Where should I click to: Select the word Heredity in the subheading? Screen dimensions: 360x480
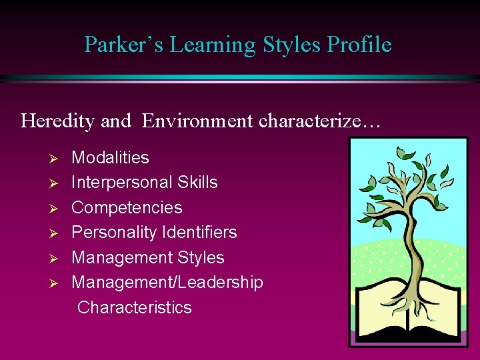(58, 121)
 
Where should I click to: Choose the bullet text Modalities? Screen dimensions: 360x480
(110, 158)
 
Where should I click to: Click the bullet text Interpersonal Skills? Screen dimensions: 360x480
(145, 183)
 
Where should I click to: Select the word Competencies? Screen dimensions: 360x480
(127, 207)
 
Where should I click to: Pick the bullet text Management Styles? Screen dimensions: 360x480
(148, 257)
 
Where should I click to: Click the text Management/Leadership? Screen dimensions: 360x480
(167, 283)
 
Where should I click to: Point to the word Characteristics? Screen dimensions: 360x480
(135, 307)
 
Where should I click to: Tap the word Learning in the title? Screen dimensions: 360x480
(213, 45)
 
